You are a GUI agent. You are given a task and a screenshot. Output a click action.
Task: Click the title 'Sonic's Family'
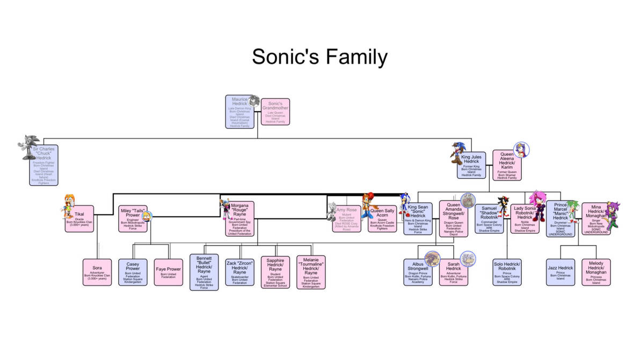click(319, 56)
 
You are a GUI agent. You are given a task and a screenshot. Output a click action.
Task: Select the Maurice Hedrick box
click(239, 112)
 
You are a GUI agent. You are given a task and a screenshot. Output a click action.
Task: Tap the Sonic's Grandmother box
click(275, 112)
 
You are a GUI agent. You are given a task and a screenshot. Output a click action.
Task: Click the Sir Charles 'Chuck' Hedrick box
click(43, 165)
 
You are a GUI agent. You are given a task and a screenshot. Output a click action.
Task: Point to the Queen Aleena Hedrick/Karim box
click(507, 165)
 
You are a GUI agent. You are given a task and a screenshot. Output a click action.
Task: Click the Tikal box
click(79, 219)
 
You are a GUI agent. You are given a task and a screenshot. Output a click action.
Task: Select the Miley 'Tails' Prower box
click(133, 219)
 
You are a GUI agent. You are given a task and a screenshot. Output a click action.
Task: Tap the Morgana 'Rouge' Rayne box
click(239, 219)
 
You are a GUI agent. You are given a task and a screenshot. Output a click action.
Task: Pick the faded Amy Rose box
click(346, 219)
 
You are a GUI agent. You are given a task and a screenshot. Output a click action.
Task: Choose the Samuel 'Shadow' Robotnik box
click(489, 219)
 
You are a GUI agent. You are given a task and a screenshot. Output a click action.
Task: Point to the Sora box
click(97, 272)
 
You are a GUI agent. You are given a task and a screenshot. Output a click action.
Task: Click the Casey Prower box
click(133, 272)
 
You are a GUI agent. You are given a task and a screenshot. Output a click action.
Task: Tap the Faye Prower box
click(169, 272)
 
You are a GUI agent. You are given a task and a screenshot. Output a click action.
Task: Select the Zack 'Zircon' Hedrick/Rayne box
click(239, 272)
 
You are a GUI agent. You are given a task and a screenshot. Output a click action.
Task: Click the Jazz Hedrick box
click(560, 272)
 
